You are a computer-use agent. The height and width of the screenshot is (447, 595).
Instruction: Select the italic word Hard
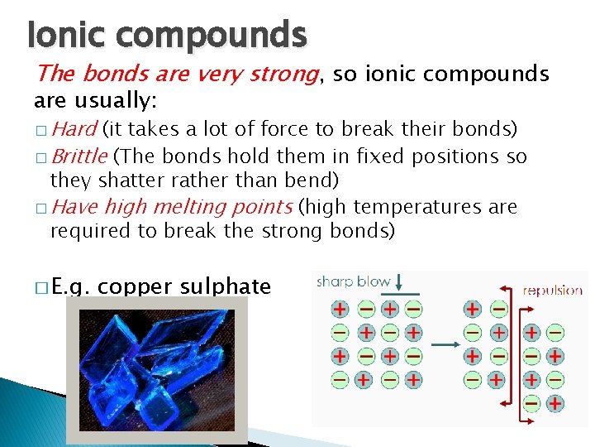(x=75, y=129)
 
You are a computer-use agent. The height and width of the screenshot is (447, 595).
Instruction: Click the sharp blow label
(x=353, y=281)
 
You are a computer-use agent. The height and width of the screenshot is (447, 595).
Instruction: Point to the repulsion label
(x=552, y=291)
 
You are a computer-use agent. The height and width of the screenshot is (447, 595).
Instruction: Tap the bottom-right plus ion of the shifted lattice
(x=555, y=403)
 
